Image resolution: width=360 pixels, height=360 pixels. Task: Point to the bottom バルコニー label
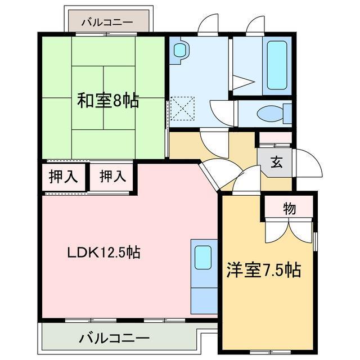(114, 339)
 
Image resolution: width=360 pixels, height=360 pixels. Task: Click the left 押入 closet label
(64, 177)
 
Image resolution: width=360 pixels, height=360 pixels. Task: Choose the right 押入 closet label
(112, 177)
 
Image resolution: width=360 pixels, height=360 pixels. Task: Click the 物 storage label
(289, 209)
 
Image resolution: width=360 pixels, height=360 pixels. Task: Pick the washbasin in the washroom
(181, 50)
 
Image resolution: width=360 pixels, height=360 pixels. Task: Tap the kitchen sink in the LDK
(203, 258)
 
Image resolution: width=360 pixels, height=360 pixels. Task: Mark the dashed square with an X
(182, 109)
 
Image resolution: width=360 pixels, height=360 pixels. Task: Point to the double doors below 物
(289, 231)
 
